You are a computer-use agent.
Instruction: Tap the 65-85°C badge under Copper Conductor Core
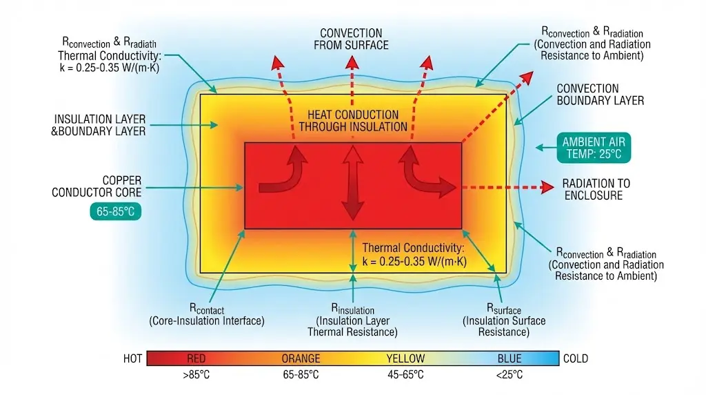116,211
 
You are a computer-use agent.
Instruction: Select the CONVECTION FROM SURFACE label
351,39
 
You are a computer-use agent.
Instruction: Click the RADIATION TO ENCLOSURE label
596,189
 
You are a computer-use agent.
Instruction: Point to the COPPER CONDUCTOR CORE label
97,186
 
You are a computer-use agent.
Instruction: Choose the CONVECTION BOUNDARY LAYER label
600,95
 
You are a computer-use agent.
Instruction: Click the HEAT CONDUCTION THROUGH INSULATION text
353,121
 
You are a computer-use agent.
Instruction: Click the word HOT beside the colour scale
132,358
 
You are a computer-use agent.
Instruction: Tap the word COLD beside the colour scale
575,358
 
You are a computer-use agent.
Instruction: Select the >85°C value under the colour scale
196,375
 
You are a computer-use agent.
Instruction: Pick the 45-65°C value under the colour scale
405,375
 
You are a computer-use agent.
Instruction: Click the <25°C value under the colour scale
510,375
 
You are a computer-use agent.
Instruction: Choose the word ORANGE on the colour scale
301,358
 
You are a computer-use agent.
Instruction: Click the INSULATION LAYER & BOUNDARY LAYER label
99,125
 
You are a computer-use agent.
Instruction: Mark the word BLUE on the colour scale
510,358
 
